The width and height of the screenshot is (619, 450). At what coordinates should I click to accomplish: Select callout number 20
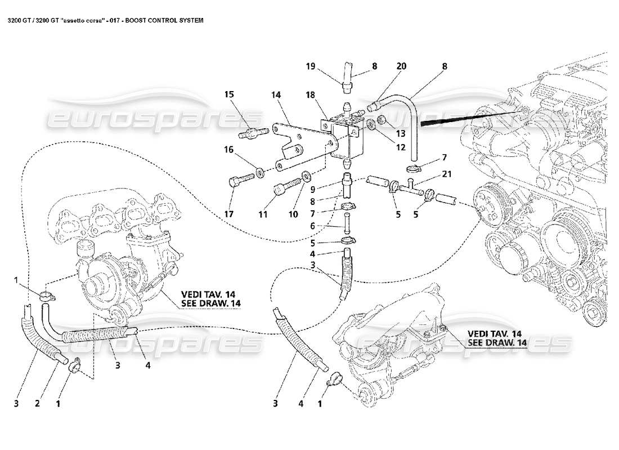pyautogui.click(x=401, y=66)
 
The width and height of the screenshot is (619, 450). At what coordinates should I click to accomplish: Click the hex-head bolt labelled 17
pyautogui.click(x=236, y=182)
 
